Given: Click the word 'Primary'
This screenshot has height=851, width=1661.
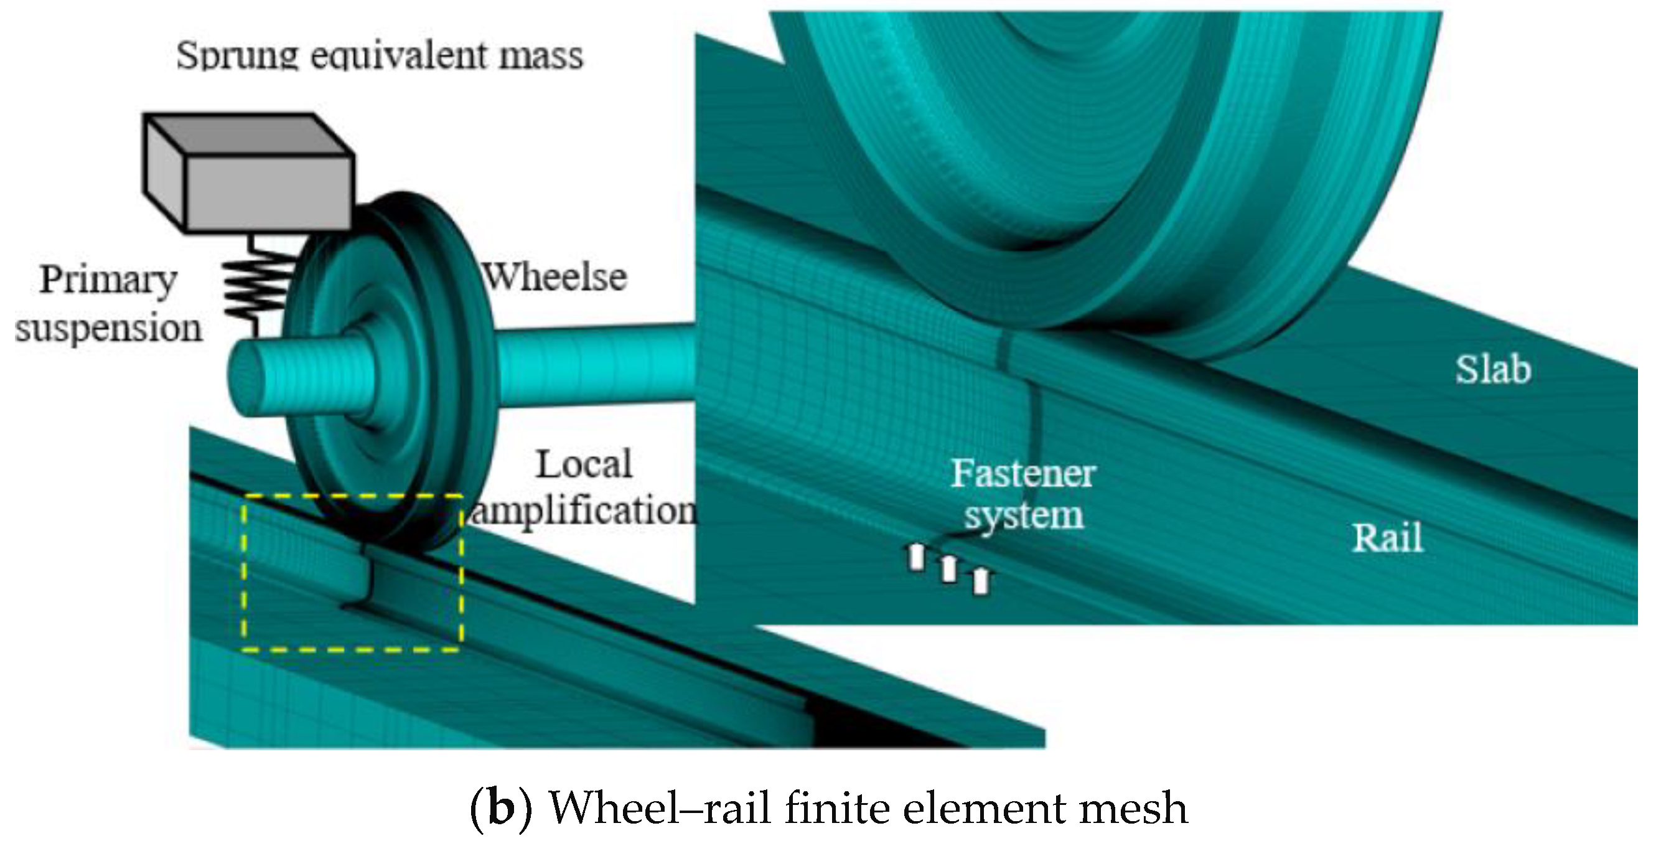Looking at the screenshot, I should coord(108,280).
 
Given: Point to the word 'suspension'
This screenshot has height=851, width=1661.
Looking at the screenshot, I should coord(108,329).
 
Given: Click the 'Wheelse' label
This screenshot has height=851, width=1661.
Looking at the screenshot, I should coord(555,278).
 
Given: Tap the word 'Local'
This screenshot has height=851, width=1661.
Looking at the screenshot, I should coord(584,464).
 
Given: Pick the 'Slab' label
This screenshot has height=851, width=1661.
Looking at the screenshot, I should coord(1493,370).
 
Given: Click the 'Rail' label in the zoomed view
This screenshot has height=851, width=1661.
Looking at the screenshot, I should coord(1387,538).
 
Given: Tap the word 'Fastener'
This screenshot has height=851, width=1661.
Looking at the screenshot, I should coord(1023,474).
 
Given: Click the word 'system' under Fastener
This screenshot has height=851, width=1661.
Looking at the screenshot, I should coord(1023,516).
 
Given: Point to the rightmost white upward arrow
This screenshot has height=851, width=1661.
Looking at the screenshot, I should coord(980,581).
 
